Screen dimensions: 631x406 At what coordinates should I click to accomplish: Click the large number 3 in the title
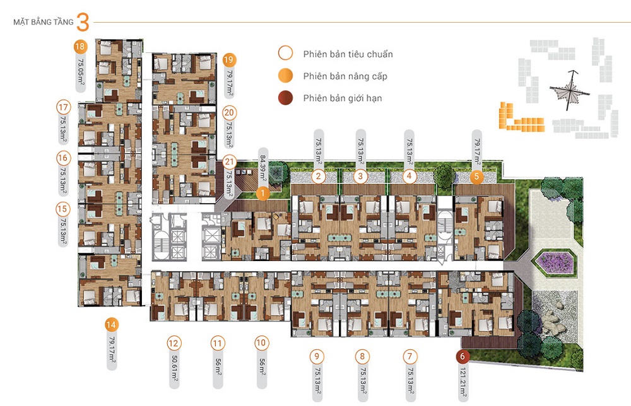click(83, 22)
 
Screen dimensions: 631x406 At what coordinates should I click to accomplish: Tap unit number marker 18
click(80, 47)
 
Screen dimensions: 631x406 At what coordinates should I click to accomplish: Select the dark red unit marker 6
click(463, 356)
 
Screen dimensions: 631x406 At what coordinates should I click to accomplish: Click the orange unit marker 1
click(262, 194)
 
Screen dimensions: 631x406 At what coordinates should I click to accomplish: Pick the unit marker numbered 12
click(174, 344)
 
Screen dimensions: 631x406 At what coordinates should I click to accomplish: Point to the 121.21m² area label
click(463, 385)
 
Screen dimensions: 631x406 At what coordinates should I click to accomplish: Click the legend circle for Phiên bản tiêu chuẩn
click(285, 53)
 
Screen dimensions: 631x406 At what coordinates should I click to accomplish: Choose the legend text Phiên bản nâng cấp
click(345, 76)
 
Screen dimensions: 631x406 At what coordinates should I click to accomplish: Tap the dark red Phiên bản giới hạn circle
click(285, 98)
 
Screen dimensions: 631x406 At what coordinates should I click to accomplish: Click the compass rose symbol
click(570, 90)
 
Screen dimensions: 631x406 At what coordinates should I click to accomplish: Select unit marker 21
click(230, 162)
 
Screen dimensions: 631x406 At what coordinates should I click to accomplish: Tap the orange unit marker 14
click(111, 325)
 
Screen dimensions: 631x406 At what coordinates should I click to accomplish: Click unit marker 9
click(317, 356)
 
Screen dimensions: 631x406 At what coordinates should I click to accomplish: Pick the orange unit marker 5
click(477, 177)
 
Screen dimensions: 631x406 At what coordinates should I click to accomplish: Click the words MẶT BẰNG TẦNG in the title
click(44, 22)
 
